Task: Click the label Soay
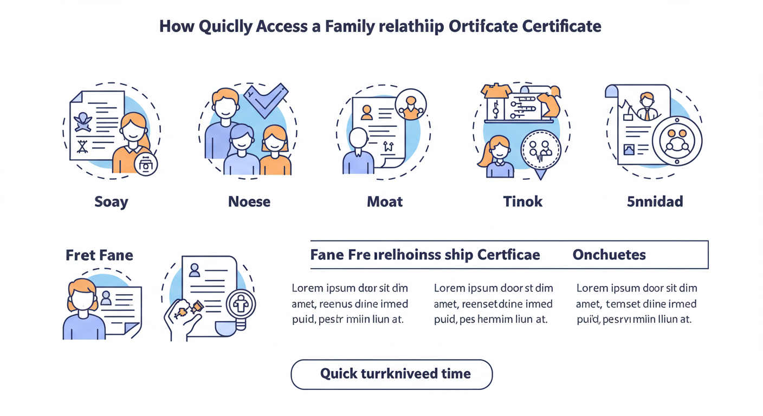click(111, 202)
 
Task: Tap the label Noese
click(249, 202)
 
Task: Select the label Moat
click(385, 202)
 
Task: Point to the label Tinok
click(522, 202)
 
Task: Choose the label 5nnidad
click(655, 202)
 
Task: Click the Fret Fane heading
click(99, 255)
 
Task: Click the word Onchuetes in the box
click(609, 255)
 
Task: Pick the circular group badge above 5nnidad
click(677, 140)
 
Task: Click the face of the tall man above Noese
click(224, 106)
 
